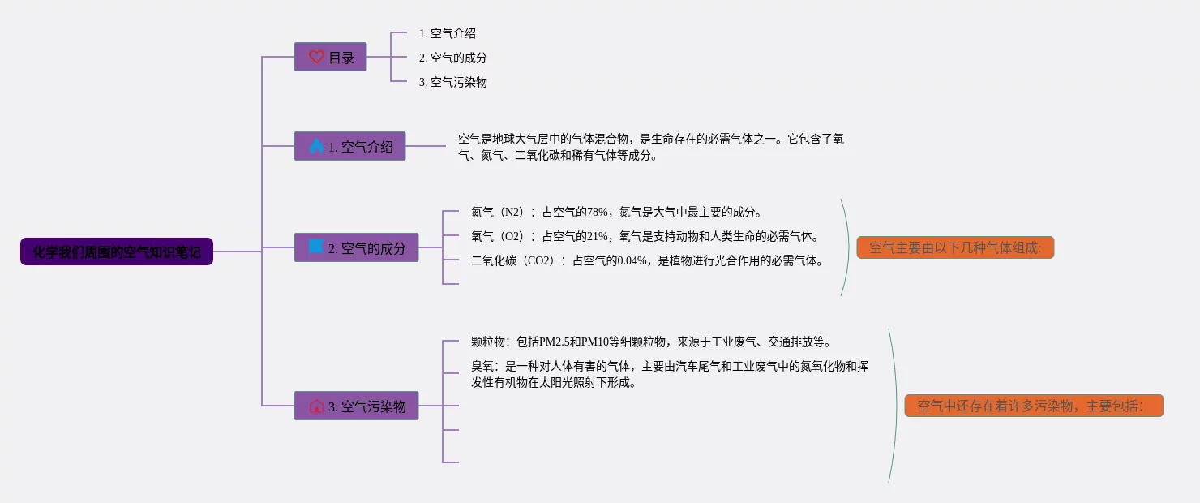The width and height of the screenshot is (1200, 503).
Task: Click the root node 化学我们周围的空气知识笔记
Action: (x=117, y=251)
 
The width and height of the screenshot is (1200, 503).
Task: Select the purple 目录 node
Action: (x=330, y=57)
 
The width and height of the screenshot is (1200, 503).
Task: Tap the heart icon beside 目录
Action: (x=316, y=57)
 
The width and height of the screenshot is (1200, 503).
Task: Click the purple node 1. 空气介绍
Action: (x=349, y=146)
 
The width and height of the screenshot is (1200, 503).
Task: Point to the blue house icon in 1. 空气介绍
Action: (x=316, y=146)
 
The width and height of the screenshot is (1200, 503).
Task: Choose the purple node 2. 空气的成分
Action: (x=356, y=247)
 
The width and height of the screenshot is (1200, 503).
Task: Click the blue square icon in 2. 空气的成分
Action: (x=316, y=247)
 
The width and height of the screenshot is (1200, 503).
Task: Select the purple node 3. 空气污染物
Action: (x=356, y=406)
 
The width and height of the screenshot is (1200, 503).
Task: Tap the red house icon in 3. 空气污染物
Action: (x=316, y=406)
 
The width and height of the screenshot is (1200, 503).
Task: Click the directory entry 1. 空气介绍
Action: (x=448, y=33)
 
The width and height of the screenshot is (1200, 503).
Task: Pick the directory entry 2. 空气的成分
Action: (x=453, y=58)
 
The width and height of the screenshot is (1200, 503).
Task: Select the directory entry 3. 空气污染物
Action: (x=453, y=82)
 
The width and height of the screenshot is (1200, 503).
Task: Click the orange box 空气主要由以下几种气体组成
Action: (x=955, y=247)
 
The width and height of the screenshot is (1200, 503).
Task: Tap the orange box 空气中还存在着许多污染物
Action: (x=1034, y=406)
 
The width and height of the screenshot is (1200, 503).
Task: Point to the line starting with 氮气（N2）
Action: (x=616, y=212)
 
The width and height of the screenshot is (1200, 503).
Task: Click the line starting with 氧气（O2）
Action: (x=645, y=236)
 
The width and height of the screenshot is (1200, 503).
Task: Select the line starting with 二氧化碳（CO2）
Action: (x=647, y=260)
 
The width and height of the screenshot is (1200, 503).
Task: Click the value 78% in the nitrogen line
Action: (x=598, y=212)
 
